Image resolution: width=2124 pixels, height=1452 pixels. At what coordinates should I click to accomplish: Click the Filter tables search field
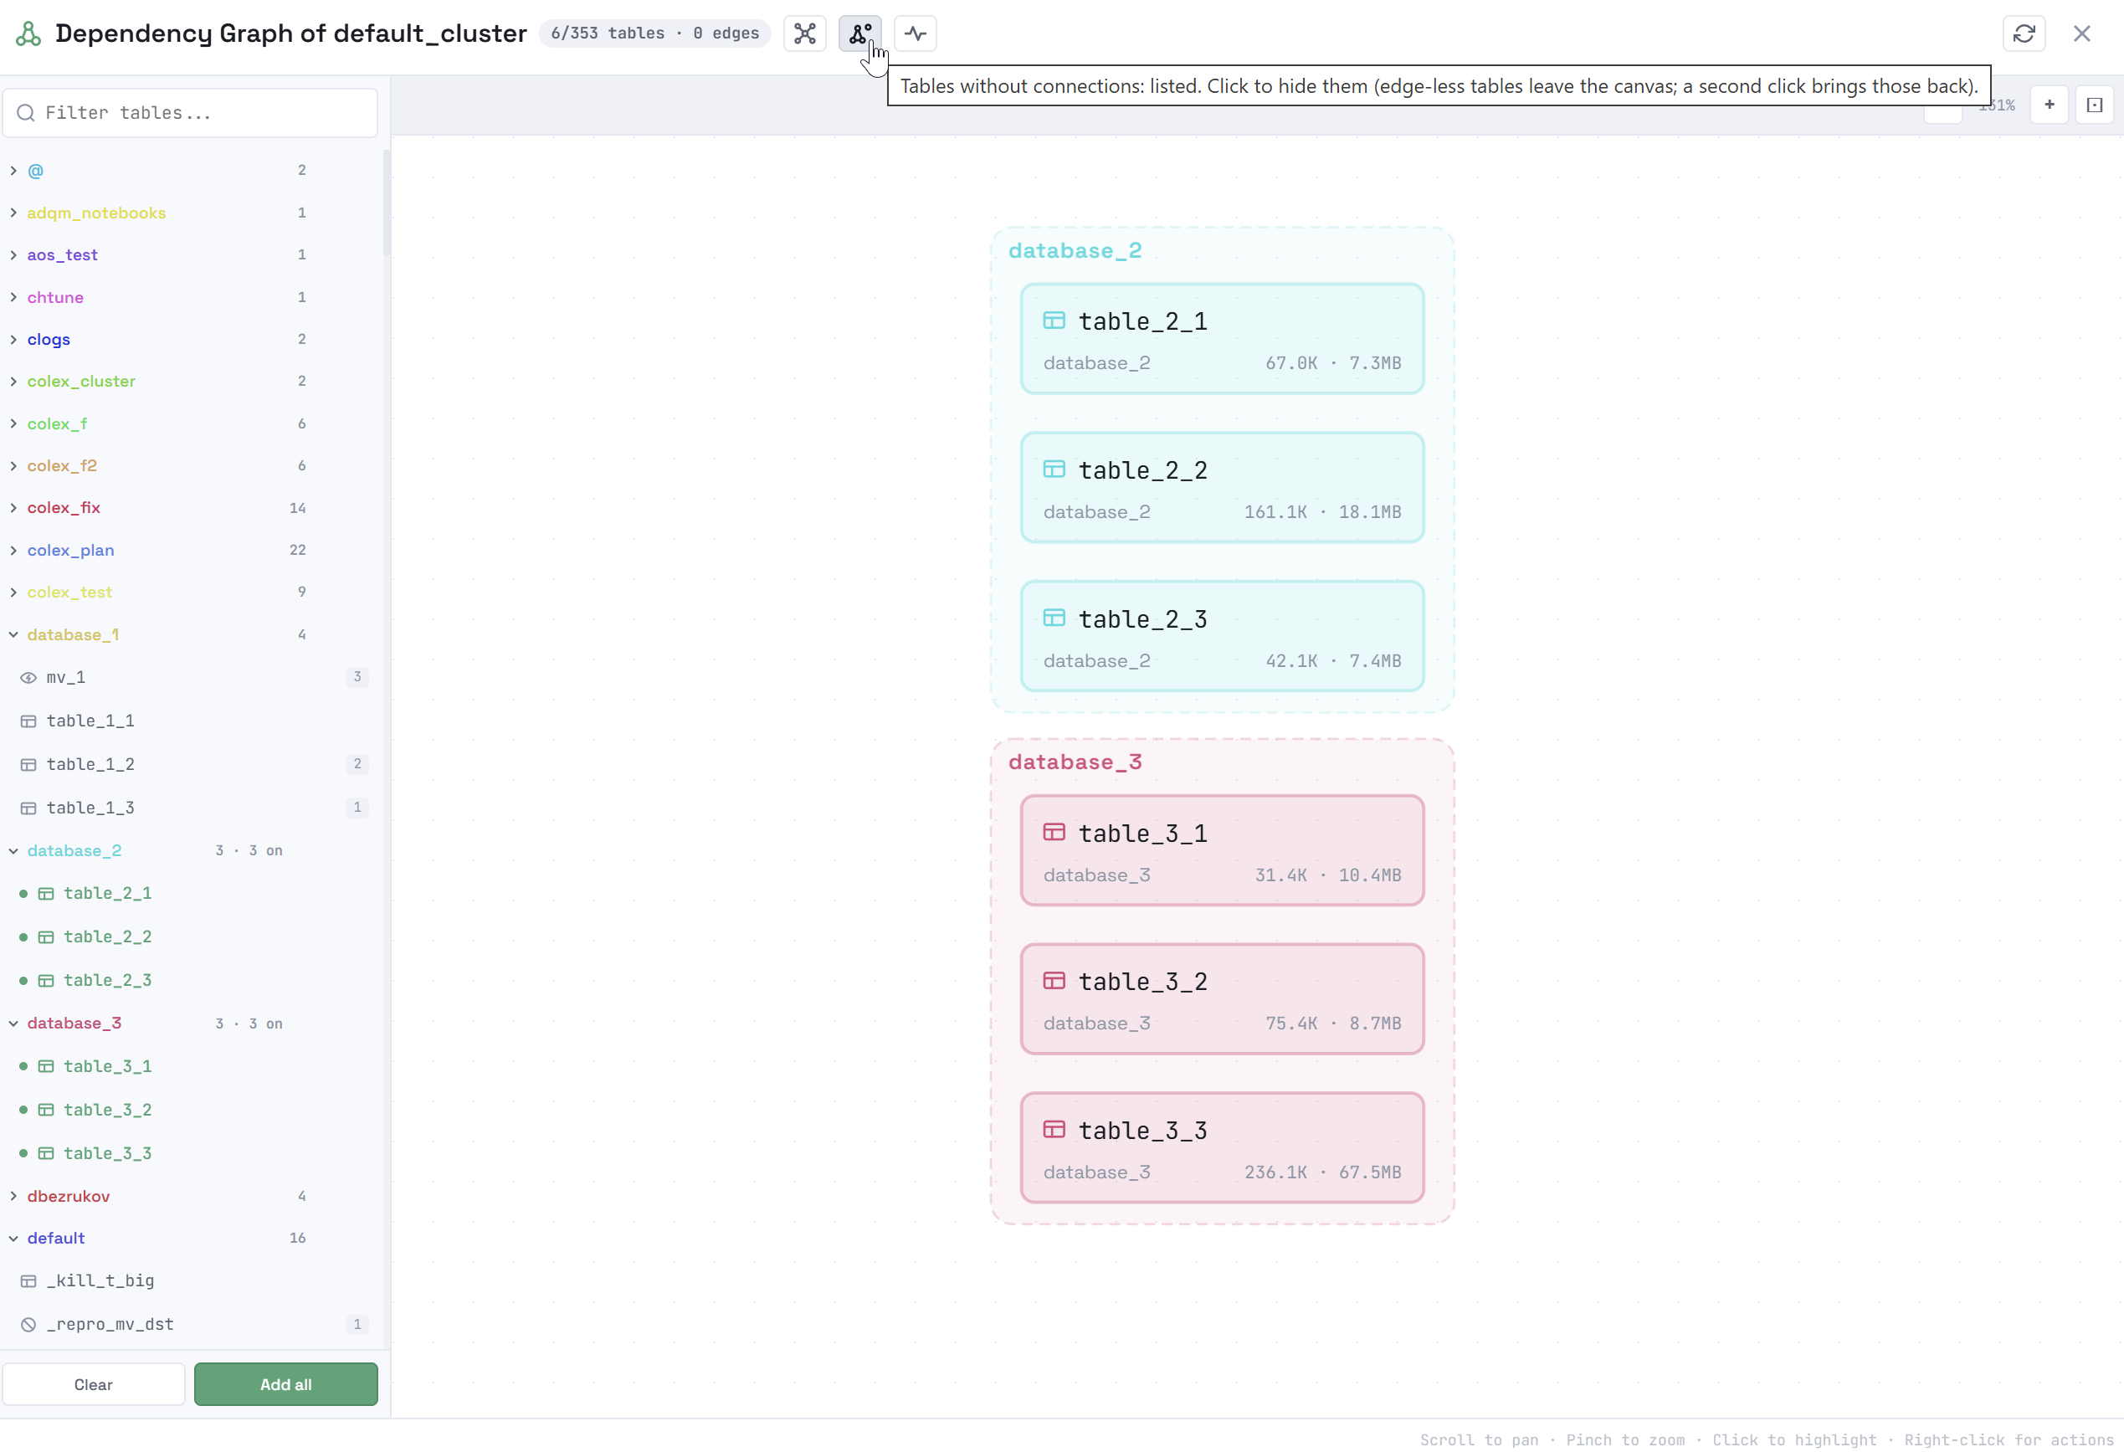click(190, 112)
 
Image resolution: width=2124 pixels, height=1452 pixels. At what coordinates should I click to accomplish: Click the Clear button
click(93, 1383)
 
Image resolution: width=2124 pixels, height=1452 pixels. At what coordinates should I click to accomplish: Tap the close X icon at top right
click(2081, 33)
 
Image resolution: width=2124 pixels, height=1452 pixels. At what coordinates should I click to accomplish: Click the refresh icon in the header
click(2024, 33)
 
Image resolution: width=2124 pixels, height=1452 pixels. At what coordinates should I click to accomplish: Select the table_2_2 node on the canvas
click(1221, 487)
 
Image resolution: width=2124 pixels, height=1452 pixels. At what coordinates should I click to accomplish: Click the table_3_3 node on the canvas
click(1221, 1147)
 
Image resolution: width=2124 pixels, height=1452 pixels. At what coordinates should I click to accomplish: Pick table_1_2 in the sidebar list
click(90, 764)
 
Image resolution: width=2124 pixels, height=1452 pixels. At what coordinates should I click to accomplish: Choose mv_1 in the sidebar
click(66, 677)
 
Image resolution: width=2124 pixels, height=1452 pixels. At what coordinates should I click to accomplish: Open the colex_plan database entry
click(70, 550)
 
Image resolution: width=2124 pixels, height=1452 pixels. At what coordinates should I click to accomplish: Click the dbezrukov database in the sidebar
click(69, 1195)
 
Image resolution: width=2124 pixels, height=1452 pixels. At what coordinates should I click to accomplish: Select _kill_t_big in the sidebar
click(100, 1280)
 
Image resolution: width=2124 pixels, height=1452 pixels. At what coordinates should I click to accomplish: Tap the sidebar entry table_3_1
click(107, 1065)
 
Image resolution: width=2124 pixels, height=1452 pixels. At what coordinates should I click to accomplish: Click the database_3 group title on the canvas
click(1075, 762)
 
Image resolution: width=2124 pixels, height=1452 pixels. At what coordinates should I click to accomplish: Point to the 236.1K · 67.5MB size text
click(1321, 1172)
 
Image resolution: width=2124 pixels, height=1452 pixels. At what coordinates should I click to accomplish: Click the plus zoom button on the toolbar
click(2049, 105)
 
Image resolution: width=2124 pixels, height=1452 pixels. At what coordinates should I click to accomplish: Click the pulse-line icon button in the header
click(915, 33)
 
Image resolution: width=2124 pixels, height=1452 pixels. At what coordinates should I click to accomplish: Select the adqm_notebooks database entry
click(96, 213)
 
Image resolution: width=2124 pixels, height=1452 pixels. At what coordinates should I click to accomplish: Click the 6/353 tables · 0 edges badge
click(654, 33)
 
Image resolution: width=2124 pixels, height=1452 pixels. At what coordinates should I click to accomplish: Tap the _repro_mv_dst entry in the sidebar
click(110, 1324)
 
